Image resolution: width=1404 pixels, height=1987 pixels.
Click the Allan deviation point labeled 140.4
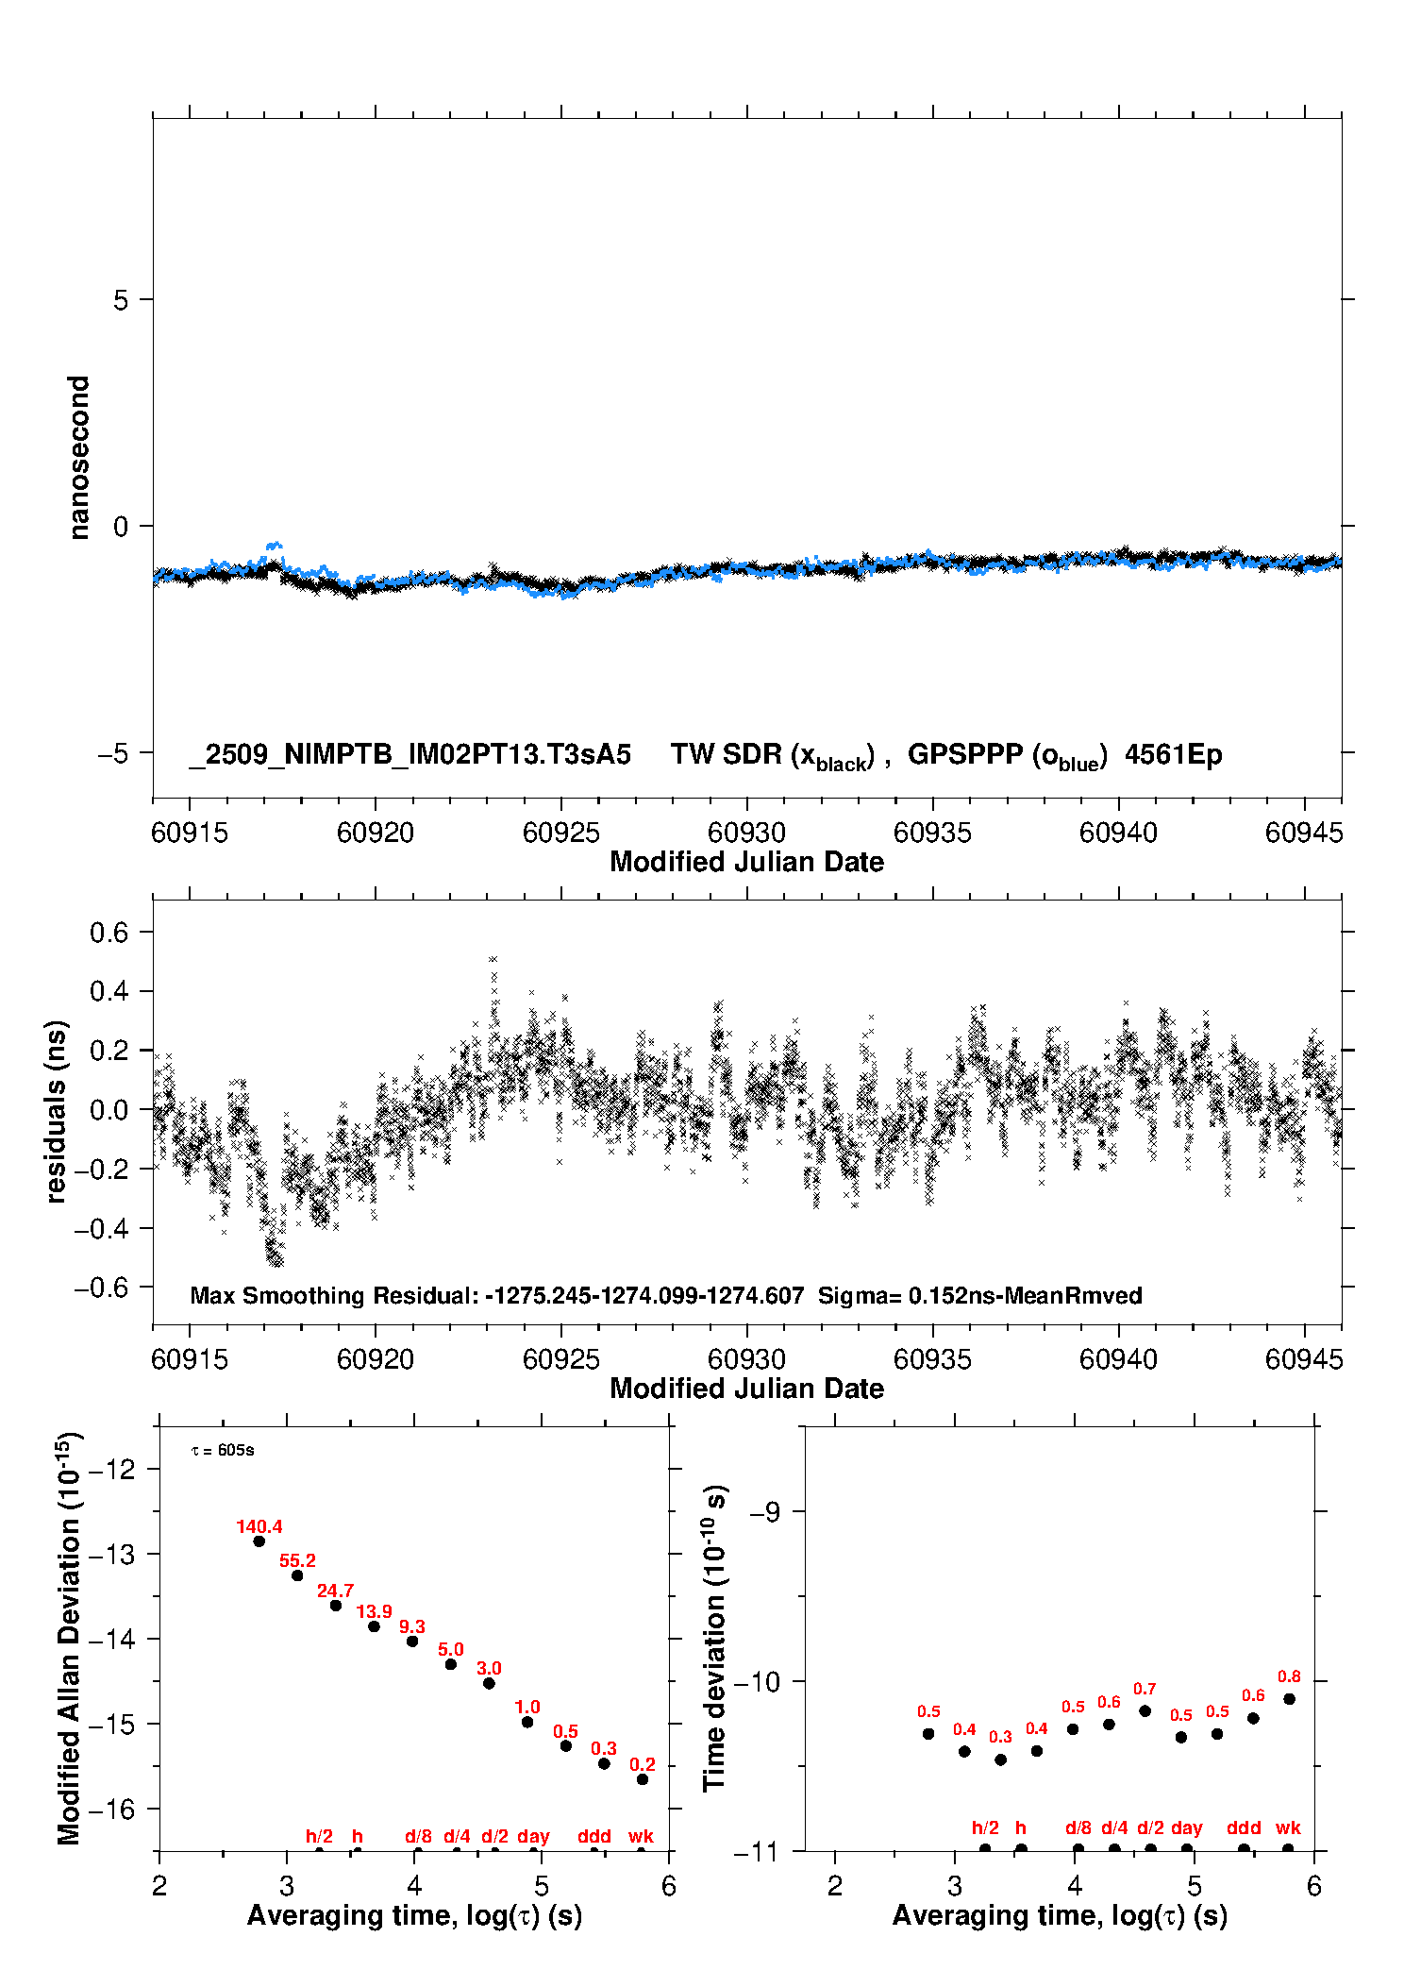259,1541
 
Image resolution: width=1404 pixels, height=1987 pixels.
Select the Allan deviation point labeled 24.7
336,1606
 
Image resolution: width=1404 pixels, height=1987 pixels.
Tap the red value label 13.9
374,1611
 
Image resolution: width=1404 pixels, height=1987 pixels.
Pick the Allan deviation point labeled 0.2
643,1779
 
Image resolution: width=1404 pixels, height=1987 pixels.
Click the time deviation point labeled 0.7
1145,1710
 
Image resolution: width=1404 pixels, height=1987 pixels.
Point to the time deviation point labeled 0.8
1289,1699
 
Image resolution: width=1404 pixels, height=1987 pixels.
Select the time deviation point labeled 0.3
1000,1760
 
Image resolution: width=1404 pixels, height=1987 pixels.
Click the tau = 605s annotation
223,1450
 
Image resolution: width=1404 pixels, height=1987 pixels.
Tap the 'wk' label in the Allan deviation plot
641,1836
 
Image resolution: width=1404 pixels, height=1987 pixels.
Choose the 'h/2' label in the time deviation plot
985,1827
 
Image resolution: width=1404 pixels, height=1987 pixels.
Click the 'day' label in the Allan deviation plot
533,1836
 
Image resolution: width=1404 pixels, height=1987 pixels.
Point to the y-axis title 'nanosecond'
79,457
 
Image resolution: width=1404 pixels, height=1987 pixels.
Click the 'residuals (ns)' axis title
57,1111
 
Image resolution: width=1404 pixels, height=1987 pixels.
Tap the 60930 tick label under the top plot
746,833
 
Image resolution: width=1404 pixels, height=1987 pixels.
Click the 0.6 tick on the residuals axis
109,933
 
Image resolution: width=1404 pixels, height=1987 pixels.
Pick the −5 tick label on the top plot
115,753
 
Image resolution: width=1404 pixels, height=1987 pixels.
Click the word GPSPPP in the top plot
964,755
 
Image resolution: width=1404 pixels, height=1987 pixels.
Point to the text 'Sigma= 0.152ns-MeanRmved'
979,1295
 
